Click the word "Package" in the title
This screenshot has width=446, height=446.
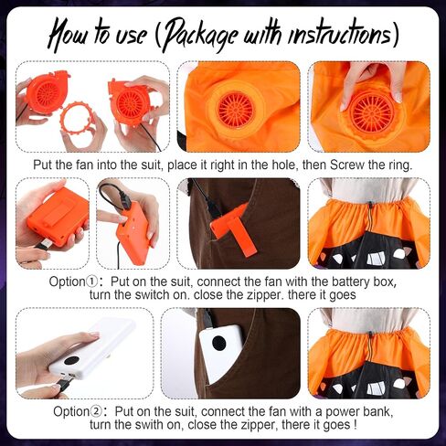(x=198, y=36)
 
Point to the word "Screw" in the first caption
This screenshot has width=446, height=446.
(x=347, y=165)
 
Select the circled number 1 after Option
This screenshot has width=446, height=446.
(x=92, y=281)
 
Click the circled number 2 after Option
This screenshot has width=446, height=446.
(x=96, y=411)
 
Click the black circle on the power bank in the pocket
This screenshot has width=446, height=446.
(x=218, y=344)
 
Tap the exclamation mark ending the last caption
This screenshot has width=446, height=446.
(x=355, y=424)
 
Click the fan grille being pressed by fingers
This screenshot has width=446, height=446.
(x=372, y=115)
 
